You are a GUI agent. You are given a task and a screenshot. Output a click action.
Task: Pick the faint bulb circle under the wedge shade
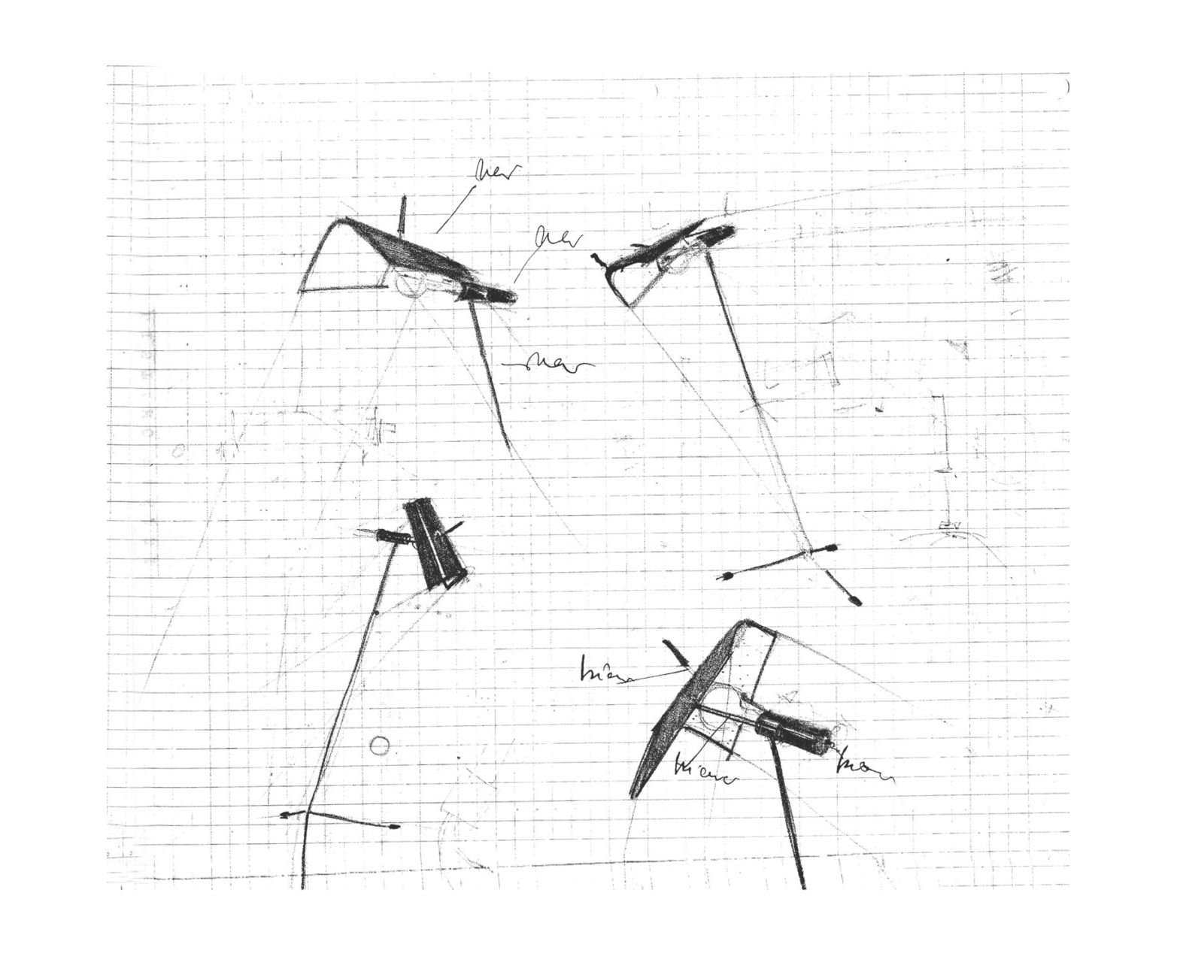(x=411, y=286)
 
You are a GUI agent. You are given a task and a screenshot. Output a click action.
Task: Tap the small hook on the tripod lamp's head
(x=599, y=259)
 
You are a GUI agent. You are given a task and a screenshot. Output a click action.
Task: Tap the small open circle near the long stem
(x=380, y=746)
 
